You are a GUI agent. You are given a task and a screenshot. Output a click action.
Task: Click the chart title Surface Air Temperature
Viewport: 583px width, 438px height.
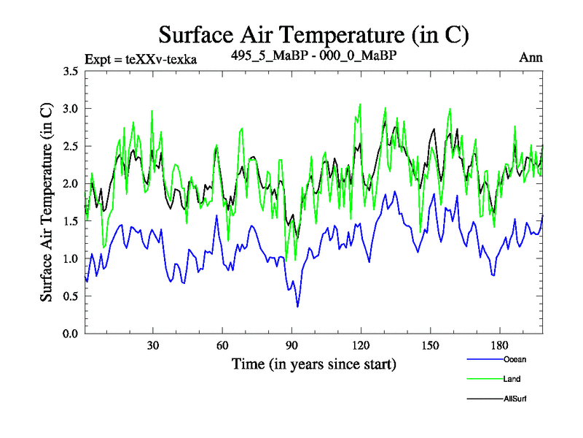313,34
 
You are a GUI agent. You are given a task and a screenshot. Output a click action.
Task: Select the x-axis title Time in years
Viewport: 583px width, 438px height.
313,364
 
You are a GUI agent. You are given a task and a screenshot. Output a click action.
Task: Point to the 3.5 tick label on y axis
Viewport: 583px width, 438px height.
71,72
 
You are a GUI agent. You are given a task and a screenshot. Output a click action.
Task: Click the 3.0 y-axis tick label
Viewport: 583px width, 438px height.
71,109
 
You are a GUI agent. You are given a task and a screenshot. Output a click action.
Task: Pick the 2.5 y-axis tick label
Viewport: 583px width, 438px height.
71,146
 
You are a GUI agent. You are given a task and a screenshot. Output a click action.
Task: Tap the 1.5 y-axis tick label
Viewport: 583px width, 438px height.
71,221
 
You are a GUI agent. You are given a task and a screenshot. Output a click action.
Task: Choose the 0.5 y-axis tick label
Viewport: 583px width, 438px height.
71,296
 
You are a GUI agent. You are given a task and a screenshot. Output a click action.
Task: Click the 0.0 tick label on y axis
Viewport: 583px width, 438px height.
71,334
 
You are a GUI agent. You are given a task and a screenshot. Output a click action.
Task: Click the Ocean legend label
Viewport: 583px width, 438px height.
514,359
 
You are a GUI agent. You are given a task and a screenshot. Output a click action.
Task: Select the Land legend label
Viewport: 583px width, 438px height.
512,379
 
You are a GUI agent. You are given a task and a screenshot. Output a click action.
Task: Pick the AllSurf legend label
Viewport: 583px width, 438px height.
514,399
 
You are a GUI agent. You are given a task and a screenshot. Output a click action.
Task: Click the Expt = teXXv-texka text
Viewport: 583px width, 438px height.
141,58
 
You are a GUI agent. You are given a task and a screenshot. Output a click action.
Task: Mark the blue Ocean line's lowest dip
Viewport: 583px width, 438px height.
297,307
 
